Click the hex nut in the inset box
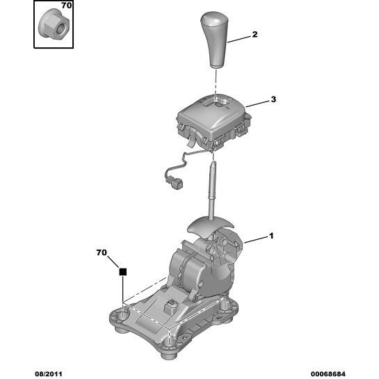[54, 23]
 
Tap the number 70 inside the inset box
[66, 6]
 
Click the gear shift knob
[215, 40]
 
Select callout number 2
[255, 35]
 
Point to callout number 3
[273, 99]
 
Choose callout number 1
[271, 236]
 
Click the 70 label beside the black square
[102, 252]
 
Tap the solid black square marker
[123, 272]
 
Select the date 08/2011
[49, 374]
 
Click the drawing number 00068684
[328, 374]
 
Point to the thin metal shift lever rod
[211, 191]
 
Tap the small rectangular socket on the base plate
[170, 306]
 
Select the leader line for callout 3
[257, 104]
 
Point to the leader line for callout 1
[256, 239]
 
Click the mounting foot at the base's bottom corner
[169, 350]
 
